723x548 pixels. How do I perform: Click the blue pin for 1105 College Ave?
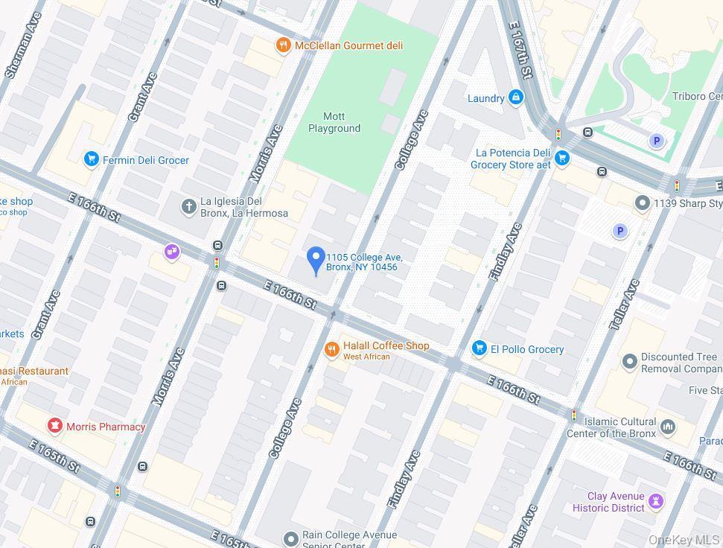pos(316,260)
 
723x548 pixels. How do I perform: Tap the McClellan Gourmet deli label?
pos(348,46)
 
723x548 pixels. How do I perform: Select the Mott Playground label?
pos(334,122)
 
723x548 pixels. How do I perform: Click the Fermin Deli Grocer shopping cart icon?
pos(92,159)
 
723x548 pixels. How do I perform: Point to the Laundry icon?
pos(515,98)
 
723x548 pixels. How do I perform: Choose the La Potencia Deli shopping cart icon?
pos(563,158)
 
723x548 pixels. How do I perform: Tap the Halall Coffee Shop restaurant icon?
pos(332,349)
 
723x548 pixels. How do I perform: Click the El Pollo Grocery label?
pos(527,349)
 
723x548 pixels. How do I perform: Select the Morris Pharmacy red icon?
pos(54,426)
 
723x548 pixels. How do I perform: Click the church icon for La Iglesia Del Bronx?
pos(189,206)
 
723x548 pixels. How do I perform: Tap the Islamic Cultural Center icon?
pos(668,427)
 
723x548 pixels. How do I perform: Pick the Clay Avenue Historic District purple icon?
pos(656,501)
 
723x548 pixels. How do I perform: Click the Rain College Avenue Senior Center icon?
pos(291,538)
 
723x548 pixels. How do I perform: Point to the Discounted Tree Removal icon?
pos(630,362)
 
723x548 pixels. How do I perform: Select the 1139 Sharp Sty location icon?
pos(643,203)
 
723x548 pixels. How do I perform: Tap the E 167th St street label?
pos(520,50)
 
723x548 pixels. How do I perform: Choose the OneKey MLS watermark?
pos(684,540)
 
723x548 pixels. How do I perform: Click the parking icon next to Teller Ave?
pos(620,232)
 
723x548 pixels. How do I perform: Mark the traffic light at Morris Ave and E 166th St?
pos(217,263)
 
